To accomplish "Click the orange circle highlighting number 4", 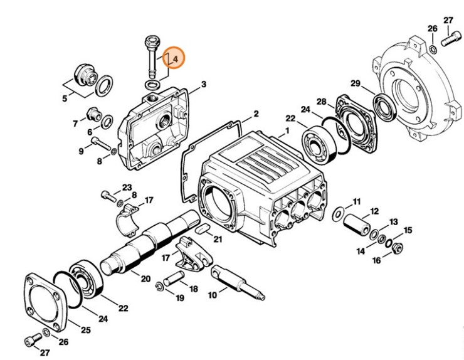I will pos(174,59).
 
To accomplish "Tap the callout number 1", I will pos(287,132).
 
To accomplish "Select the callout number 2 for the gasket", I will pos(256,114).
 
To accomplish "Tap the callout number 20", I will pos(145,278).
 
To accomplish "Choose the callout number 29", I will pos(355,84).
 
